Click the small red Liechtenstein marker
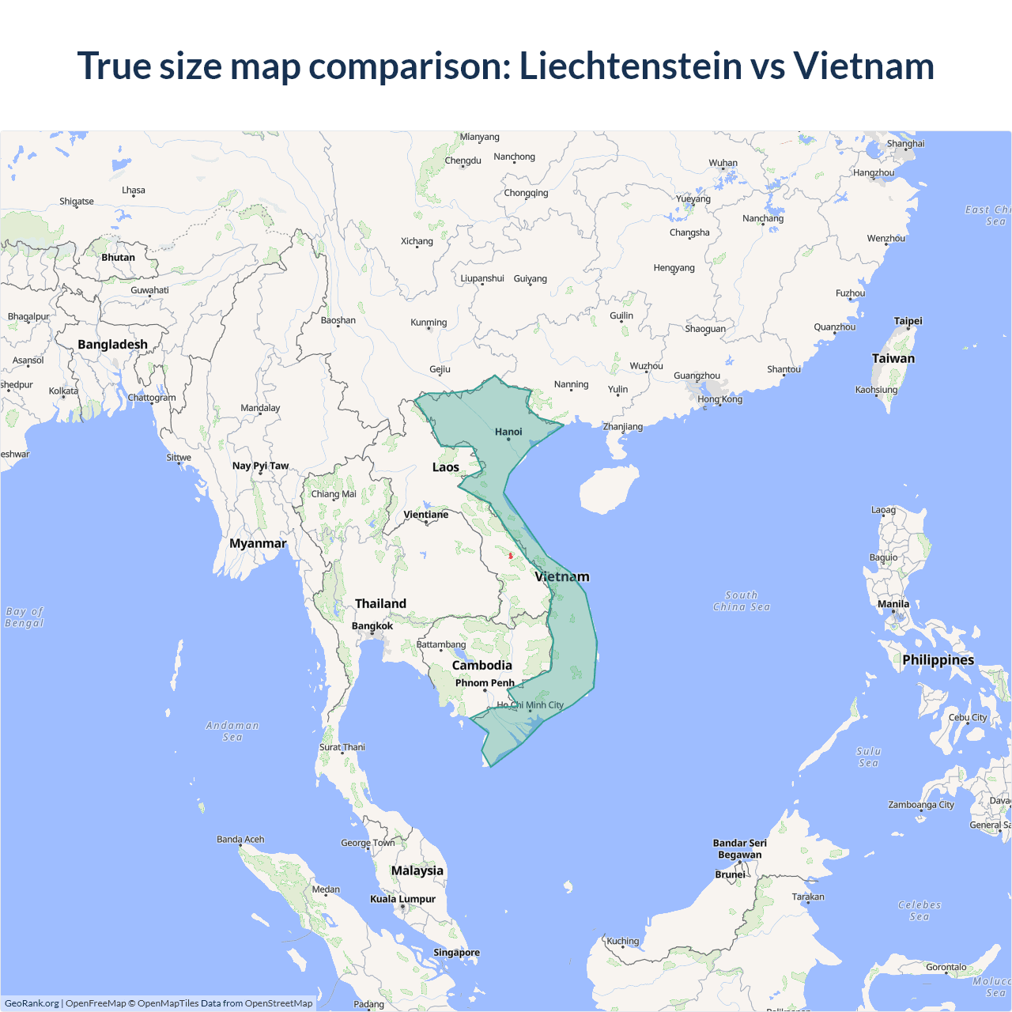pyautogui.click(x=511, y=556)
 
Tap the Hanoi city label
pyautogui.click(x=508, y=432)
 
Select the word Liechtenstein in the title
pyautogui.click(x=631, y=66)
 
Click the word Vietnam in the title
pyautogui.click(x=863, y=66)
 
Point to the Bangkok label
pyautogui.click(x=372, y=626)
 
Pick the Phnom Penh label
pyautogui.click(x=485, y=683)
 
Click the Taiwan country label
pyautogui.click(x=893, y=358)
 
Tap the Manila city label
pyautogui.click(x=893, y=604)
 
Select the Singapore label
pyautogui.click(x=456, y=953)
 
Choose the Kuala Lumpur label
pyautogui.click(x=402, y=899)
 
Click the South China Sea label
pyautogui.click(x=741, y=601)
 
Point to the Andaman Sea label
pyautogui.click(x=232, y=731)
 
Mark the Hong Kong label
pyautogui.click(x=719, y=399)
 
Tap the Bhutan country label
pyautogui.click(x=118, y=258)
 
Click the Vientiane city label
pyautogui.click(x=425, y=515)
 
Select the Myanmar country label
pyautogui.click(x=258, y=543)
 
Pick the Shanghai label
pyautogui.click(x=905, y=144)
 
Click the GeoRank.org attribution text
pyautogui.click(x=32, y=1003)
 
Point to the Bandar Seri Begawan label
pyautogui.click(x=739, y=848)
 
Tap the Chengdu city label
pyautogui.click(x=463, y=160)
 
